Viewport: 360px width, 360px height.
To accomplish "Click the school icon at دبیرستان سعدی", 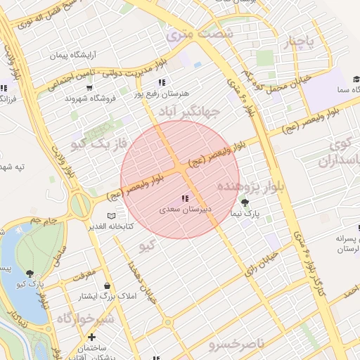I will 184,198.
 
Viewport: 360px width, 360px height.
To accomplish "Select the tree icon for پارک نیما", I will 244,202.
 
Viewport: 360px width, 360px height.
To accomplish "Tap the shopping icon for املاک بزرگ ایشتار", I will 106,285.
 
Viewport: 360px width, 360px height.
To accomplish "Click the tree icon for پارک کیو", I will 30,274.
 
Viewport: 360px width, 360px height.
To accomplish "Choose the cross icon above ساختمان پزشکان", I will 91,337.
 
